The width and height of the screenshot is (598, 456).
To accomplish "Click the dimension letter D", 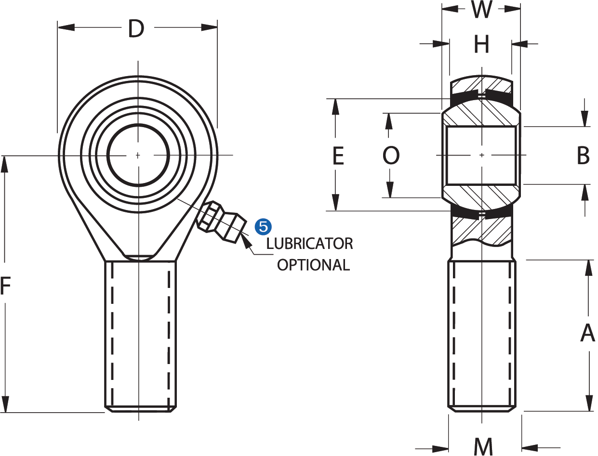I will pos(136,29).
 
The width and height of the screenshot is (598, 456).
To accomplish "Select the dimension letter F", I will pos(5,286).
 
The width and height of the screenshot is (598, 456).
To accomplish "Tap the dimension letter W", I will pos(481,10).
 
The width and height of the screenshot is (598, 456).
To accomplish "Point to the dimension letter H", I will pos(481,45).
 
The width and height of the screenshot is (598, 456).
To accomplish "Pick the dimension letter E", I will pos(338,156).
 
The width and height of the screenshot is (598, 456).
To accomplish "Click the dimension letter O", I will pos(391,156).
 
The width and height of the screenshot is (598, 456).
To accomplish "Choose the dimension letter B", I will pos(583,156).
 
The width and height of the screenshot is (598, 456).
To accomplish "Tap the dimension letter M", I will pos(483,447).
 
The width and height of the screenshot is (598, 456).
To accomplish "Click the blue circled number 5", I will pos(263,225).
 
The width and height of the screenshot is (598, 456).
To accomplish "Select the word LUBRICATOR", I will pos(310,244).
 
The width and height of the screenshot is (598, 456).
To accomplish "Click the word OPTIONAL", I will pos(313,265).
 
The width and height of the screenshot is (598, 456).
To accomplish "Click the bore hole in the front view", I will pos(138,155).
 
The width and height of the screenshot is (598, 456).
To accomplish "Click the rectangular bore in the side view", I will pos(482,156).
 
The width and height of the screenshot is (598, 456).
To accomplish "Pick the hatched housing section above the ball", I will pos(482,85).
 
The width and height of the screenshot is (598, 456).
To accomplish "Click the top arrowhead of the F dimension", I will pos(5,164).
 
